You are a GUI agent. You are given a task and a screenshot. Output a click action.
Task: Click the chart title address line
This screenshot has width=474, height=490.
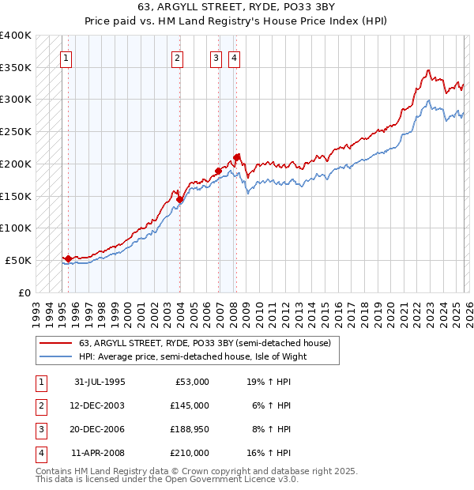point(237,9)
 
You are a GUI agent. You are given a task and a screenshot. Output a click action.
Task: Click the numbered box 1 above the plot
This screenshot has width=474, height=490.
point(66,57)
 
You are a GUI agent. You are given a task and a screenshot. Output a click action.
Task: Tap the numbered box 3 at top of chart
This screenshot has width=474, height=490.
point(216,57)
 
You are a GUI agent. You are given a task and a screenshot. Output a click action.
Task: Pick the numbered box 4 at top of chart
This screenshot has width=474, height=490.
point(235,57)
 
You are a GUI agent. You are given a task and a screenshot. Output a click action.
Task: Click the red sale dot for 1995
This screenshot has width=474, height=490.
point(68,258)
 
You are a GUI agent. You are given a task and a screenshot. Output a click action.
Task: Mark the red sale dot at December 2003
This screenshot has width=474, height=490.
point(179,199)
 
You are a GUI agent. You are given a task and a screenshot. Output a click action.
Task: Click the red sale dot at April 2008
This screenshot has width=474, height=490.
point(237,156)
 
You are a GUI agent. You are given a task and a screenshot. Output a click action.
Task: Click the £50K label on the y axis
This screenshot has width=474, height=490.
point(18,260)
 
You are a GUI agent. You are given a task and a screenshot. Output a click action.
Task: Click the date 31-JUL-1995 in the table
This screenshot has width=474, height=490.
point(100,382)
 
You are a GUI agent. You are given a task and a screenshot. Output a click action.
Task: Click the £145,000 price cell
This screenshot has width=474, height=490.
point(189,405)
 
